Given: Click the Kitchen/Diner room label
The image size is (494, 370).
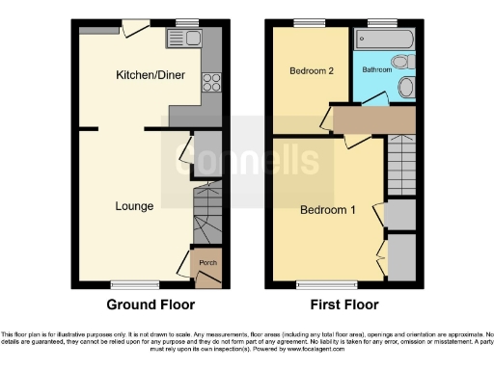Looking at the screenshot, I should pos(145,75).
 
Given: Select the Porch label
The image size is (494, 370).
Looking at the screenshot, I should pos(207,263).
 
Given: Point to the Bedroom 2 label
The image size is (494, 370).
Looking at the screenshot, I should pos(310,70).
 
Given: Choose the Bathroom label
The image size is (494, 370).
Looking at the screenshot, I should pos(377,70).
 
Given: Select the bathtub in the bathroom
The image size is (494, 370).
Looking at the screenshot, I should pos(385,40).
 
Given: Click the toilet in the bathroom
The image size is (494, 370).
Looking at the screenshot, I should pos(406,88).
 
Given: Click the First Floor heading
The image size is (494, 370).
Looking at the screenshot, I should pos(343,305).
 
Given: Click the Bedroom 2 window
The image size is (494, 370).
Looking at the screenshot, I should pos(310,22).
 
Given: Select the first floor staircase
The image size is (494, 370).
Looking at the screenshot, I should pos(400,164).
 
